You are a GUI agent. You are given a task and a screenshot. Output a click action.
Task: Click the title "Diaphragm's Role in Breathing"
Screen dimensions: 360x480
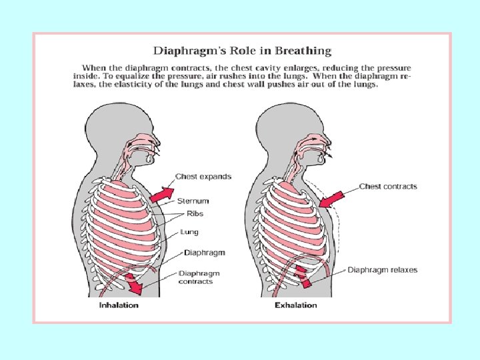pyautogui.click(x=243, y=51)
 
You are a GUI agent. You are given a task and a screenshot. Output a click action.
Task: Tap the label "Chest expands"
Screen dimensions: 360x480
pyautogui.click(x=203, y=177)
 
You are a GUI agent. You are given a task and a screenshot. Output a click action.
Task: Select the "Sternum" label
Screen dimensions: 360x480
pyautogui.click(x=193, y=200)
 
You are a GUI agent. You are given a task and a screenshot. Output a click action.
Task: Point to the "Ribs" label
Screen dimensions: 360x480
pyautogui.click(x=195, y=213)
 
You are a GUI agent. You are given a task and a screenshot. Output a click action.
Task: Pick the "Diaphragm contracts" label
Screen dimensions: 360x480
pyautogui.click(x=199, y=277)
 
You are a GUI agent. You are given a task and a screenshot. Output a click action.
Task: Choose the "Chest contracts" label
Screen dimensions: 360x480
pyautogui.click(x=388, y=186)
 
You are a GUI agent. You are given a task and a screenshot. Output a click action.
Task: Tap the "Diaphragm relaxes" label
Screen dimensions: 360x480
pyautogui.click(x=383, y=270)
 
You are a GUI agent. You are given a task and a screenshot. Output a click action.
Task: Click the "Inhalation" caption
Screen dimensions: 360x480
pyautogui.click(x=119, y=305)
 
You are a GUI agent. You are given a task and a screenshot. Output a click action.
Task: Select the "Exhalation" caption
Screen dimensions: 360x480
pyautogui.click(x=296, y=305)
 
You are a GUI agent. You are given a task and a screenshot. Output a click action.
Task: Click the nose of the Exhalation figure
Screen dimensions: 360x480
pyautogui.click(x=327, y=141)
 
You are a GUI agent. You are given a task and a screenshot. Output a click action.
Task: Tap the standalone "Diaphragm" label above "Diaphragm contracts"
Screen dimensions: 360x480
pyautogui.click(x=204, y=253)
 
